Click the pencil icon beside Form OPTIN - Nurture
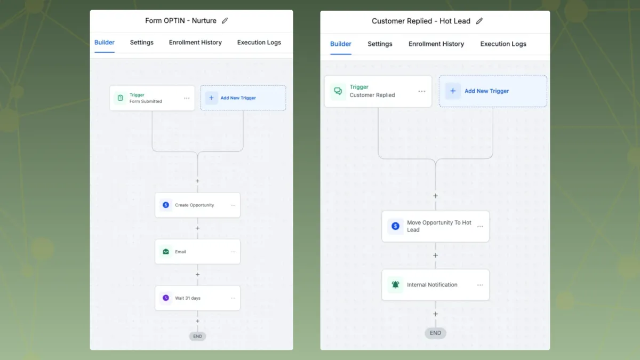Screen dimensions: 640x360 tap(225, 21)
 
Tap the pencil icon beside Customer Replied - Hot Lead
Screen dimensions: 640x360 tap(479, 21)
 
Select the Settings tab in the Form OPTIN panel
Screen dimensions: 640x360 tap(142, 42)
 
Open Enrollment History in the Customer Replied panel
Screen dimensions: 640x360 tap(436, 44)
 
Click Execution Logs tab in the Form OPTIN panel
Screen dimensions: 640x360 tap(259, 42)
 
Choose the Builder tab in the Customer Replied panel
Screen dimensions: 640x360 tap(341, 44)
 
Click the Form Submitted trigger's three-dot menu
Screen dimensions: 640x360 tap(187, 98)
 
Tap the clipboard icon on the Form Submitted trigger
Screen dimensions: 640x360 tap(121, 98)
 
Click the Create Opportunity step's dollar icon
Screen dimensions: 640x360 tap(166, 205)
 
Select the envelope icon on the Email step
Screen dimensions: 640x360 tap(166, 251)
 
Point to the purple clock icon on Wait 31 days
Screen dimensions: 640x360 tap(166, 298)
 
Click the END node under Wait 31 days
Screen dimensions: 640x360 tap(197, 336)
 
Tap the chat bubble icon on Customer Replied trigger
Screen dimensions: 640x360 tap(338, 91)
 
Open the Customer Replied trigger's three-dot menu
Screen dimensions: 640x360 tap(422, 91)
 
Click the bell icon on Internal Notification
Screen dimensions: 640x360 tap(395, 285)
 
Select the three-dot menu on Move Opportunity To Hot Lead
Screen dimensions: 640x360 tap(480, 226)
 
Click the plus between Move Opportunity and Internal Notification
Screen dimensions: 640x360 tap(435, 255)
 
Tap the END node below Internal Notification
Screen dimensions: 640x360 tap(435, 333)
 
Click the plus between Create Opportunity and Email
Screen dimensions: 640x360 tap(197, 228)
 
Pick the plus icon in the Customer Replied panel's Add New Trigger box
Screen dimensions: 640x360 tap(453, 91)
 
